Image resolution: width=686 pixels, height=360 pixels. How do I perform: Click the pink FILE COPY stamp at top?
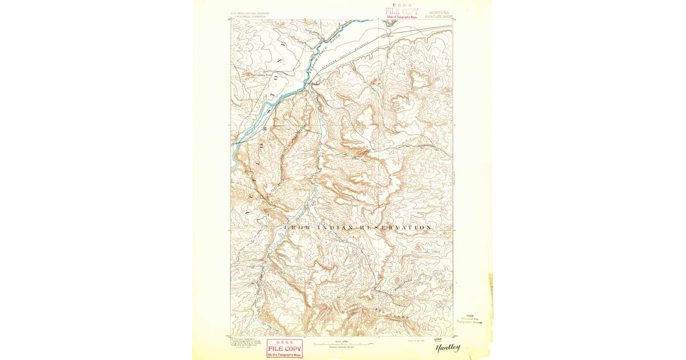[x=401, y=10]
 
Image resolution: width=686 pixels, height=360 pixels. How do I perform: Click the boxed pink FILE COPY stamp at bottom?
[x=284, y=347]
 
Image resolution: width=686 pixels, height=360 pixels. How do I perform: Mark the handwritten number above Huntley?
[x=440, y=339]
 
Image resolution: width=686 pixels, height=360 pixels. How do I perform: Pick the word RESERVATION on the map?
[x=395, y=227]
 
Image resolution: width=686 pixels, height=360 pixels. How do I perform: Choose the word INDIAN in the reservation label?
[x=331, y=227]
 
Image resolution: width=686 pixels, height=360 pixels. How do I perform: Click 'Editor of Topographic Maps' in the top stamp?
[x=401, y=17]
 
